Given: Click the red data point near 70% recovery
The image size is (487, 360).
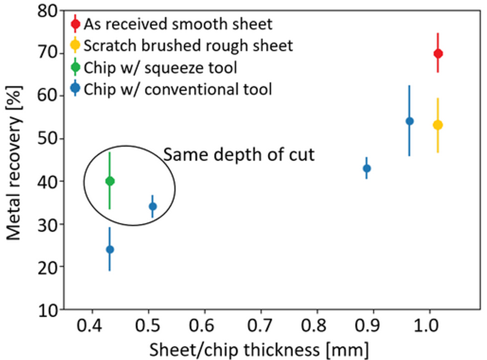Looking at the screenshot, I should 439,54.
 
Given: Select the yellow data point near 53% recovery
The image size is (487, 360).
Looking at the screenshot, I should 438,125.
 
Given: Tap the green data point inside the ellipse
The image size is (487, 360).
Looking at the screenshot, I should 109,181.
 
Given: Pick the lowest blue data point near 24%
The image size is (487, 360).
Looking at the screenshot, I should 109,249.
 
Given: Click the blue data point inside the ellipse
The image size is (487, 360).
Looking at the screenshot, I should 152,206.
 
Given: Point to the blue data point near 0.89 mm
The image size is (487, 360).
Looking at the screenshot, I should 367,168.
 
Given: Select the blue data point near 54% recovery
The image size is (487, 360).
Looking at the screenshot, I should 410,121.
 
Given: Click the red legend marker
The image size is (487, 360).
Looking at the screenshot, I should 75,24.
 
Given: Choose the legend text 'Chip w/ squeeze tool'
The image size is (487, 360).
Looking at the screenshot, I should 160,67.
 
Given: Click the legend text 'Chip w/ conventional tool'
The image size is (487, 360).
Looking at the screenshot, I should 178,89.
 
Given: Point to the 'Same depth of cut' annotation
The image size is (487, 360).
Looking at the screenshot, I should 239,155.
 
